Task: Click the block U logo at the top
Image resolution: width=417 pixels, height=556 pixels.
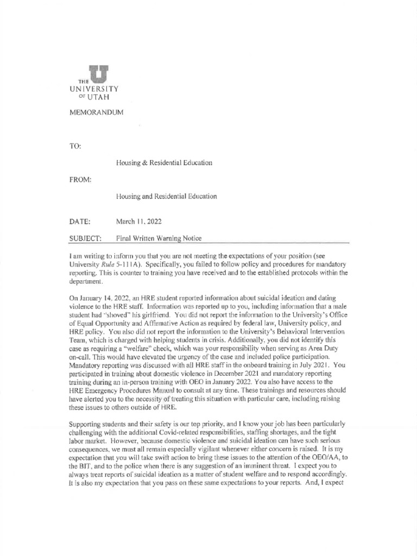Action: (98, 73)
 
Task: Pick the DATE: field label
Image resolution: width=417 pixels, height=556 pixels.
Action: (79, 222)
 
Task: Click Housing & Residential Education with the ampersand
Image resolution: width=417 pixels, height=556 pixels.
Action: (164, 163)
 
